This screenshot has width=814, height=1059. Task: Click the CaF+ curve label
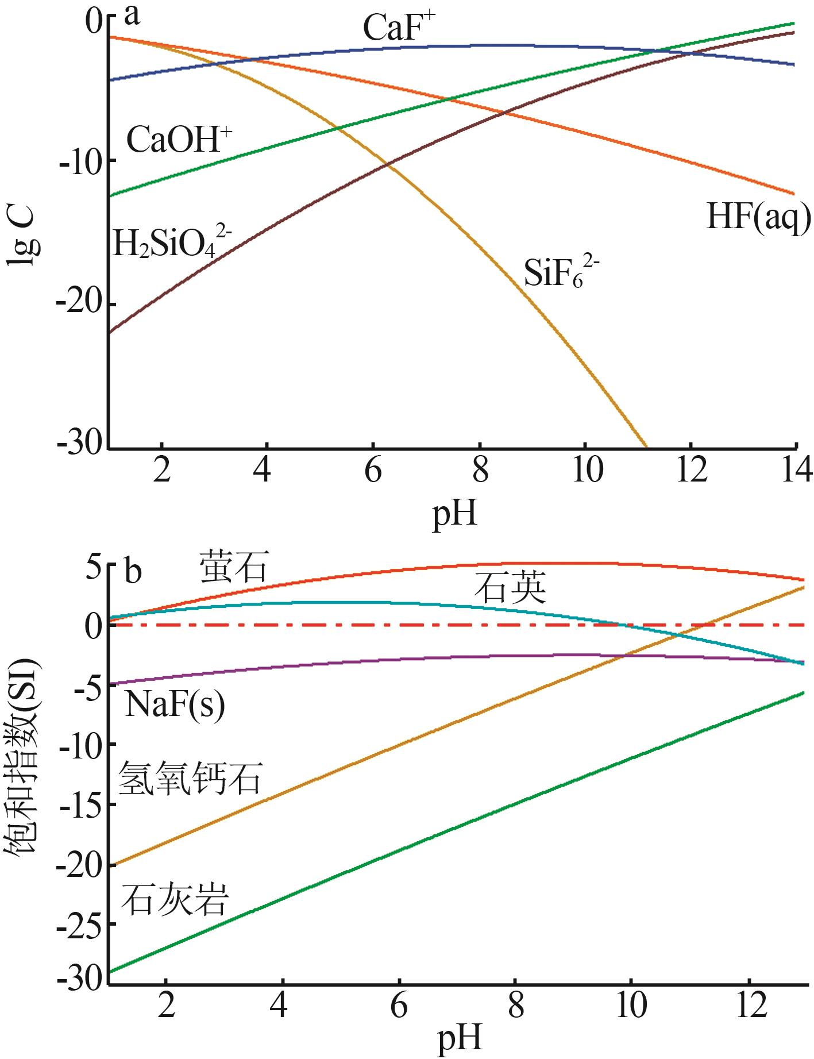400,28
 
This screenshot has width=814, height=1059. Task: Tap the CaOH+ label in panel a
179,140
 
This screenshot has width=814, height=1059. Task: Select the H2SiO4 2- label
172,242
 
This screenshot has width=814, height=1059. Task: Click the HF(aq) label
758,218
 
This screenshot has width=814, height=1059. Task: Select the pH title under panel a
454,513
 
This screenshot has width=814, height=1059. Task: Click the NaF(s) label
175,704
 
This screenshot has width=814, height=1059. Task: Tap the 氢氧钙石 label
190,778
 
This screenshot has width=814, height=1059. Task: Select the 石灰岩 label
175,899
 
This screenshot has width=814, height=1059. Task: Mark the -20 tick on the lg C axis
78,305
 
